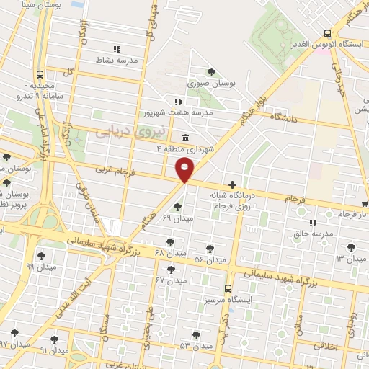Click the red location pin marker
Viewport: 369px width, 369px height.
tap(185, 170)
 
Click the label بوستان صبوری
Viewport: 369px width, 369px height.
tap(213, 84)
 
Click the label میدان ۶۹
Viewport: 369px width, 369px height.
tap(177, 218)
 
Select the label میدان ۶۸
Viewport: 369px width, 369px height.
tap(170, 254)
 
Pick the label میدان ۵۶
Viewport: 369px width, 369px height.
tap(210, 259)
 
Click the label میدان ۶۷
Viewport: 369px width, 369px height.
tap(170, 280)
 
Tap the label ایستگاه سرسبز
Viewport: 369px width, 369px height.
tap(228, 298)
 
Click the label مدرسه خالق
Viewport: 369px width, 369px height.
tap(313, 234)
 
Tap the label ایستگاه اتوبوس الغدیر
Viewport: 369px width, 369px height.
tap(329, 44)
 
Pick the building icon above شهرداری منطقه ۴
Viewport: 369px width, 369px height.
tap(187, 138)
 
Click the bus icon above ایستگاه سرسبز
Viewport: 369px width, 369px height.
tap(228, 288)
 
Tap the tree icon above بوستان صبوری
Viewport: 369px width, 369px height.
tap(211, 71)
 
